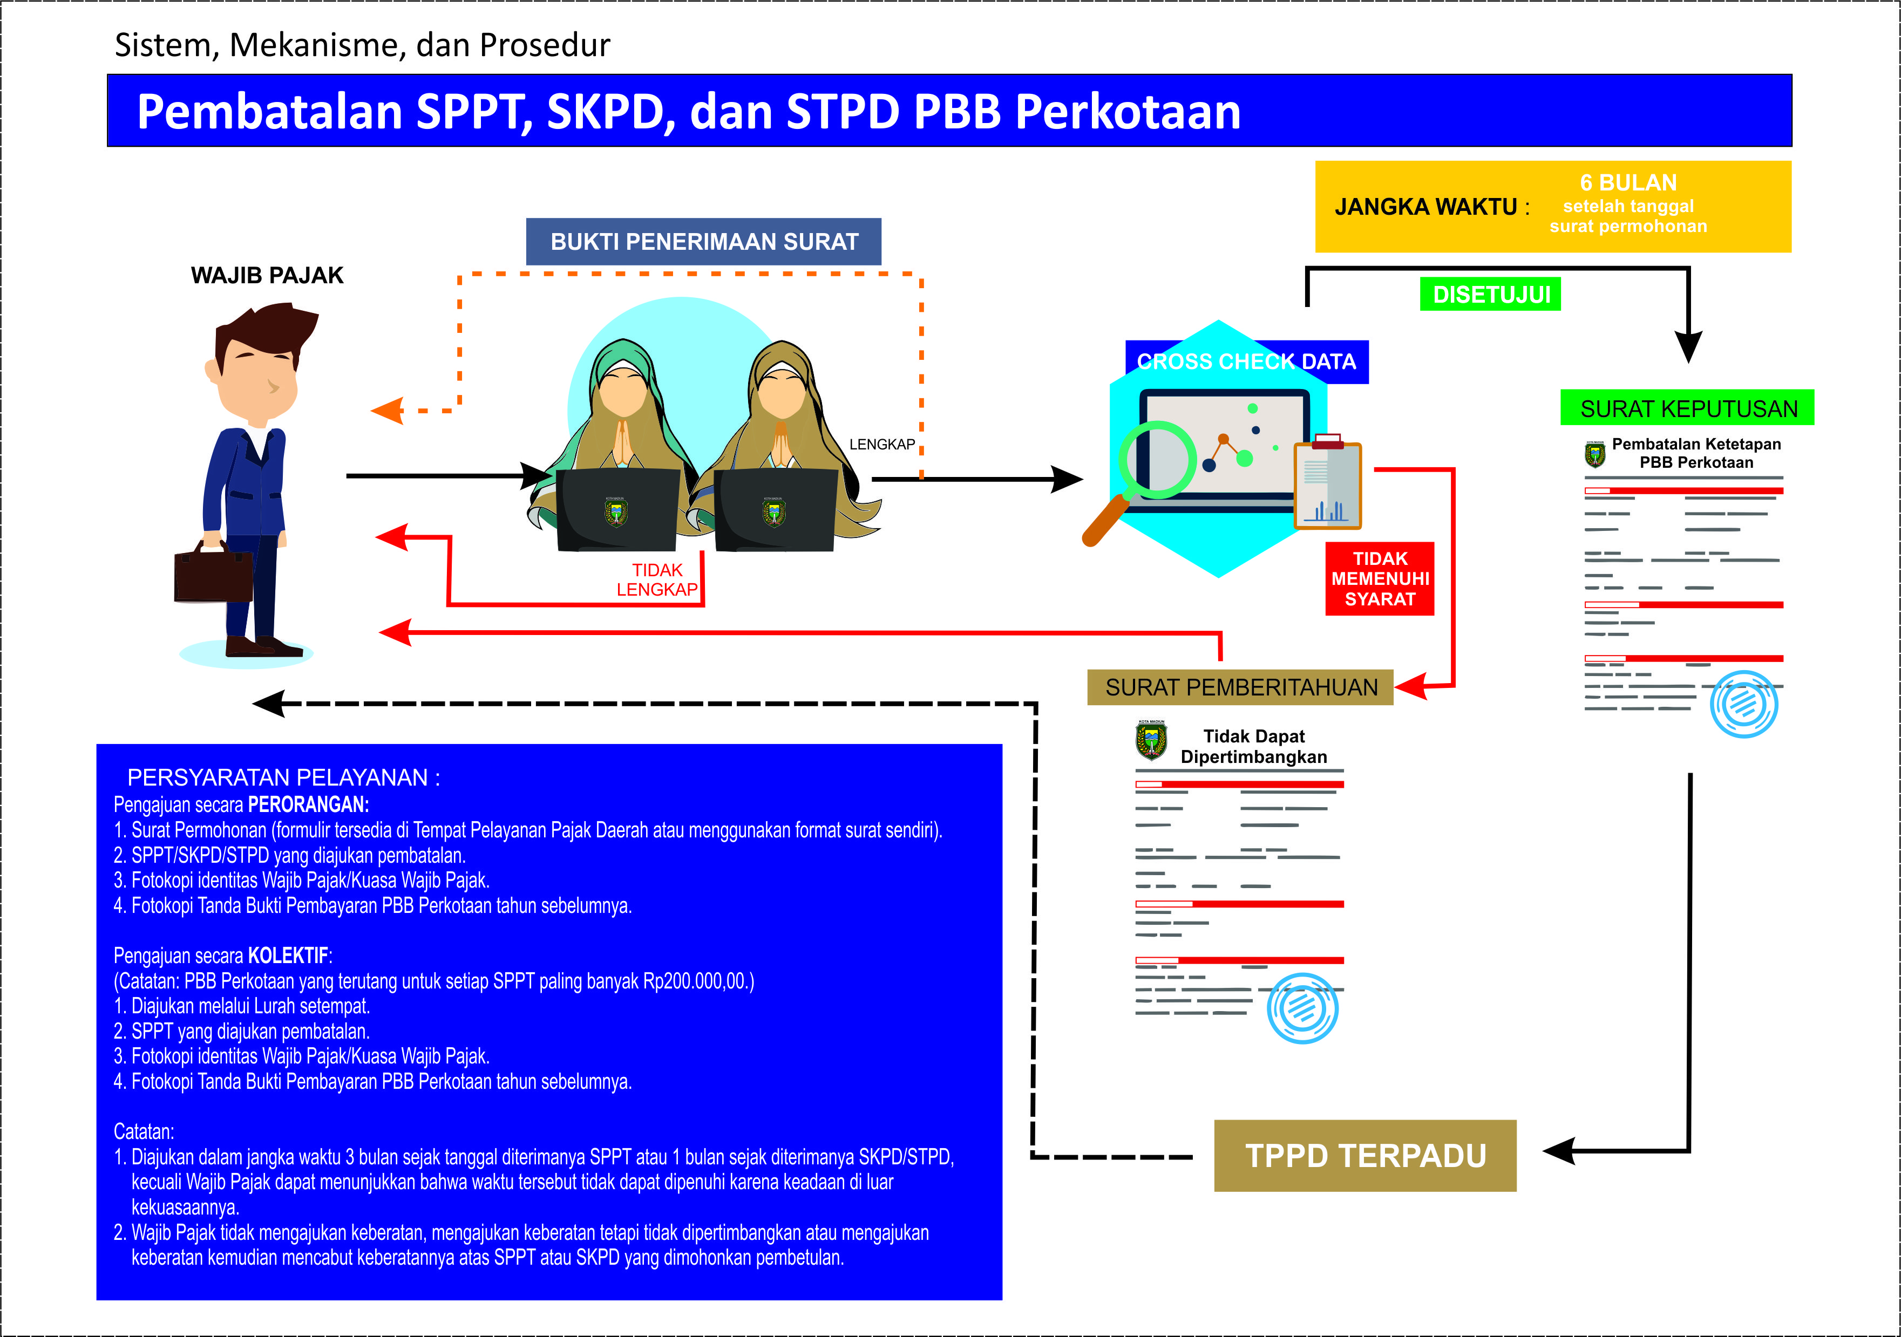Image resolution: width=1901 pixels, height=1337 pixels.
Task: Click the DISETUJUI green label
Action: click(x=1490, y=295)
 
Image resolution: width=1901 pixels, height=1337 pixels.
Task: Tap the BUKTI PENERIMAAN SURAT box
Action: click(x=704, y=242)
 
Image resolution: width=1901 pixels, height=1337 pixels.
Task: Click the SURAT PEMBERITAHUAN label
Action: click(x=1240, y=687)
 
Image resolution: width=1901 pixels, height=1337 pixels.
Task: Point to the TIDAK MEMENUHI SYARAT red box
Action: click(x=1380, y=579)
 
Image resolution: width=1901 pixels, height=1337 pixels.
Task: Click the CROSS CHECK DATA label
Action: click(x=1246, y=362)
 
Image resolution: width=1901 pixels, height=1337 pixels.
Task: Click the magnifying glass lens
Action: click(x=1157, y=460)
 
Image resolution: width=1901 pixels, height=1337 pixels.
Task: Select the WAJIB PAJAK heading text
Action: click(x=267, y=276)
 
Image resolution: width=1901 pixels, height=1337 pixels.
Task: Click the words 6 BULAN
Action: click(x=1628, y=183)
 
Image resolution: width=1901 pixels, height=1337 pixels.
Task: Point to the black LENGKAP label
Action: click(x=882, y=445)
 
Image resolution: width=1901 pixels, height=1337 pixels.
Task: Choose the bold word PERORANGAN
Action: click(x=308, y=804)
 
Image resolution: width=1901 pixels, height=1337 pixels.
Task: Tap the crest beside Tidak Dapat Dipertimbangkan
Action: click(x=1151, y=741)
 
